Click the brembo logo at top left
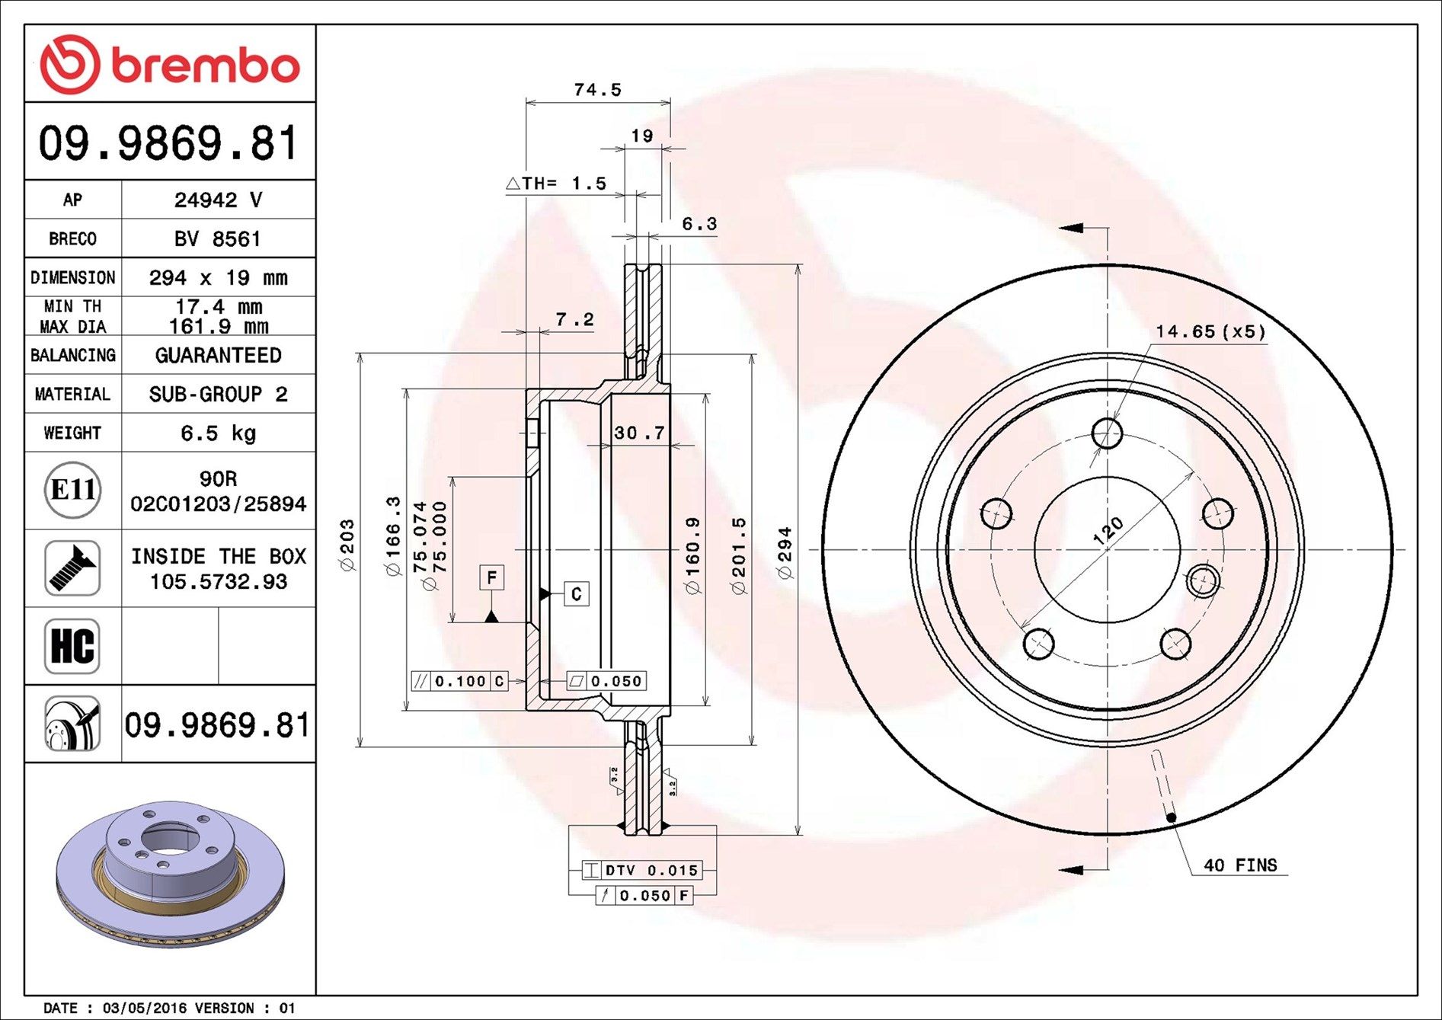tap(169, 64)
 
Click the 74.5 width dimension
tap(597, 90)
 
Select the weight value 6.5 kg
tap(218, 433)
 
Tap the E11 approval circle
tap(72, 490)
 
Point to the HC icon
tap(72, 646)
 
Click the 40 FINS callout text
tap(1239, 865)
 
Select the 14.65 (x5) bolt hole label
tap(1210, 331)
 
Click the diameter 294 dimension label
tap(785, 552)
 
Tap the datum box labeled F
tap(491, 577)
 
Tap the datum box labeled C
tap(576, 594)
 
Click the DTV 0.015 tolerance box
tap(641, 870)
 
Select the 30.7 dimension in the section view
tap(639, 433)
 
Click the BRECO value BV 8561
tap(218, 239)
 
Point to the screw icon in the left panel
tap(72, 568)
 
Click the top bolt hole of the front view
tap(1106, 433)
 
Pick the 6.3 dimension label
tap(699, 224)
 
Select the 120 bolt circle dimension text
tap(1108, 530)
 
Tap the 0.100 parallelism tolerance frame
tap(460, 681)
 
